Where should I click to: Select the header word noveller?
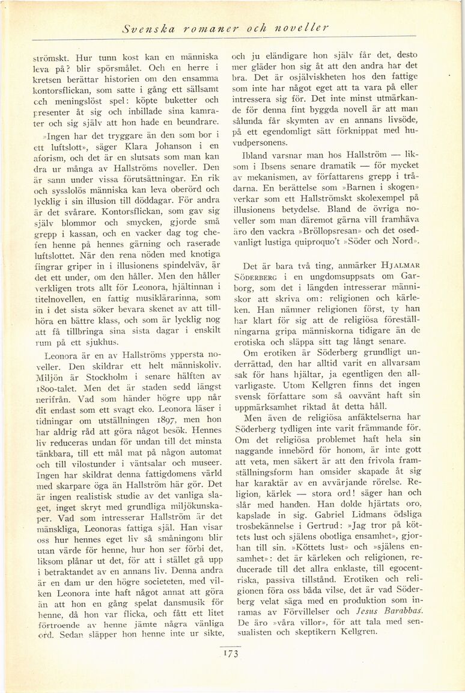click(300, 28)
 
